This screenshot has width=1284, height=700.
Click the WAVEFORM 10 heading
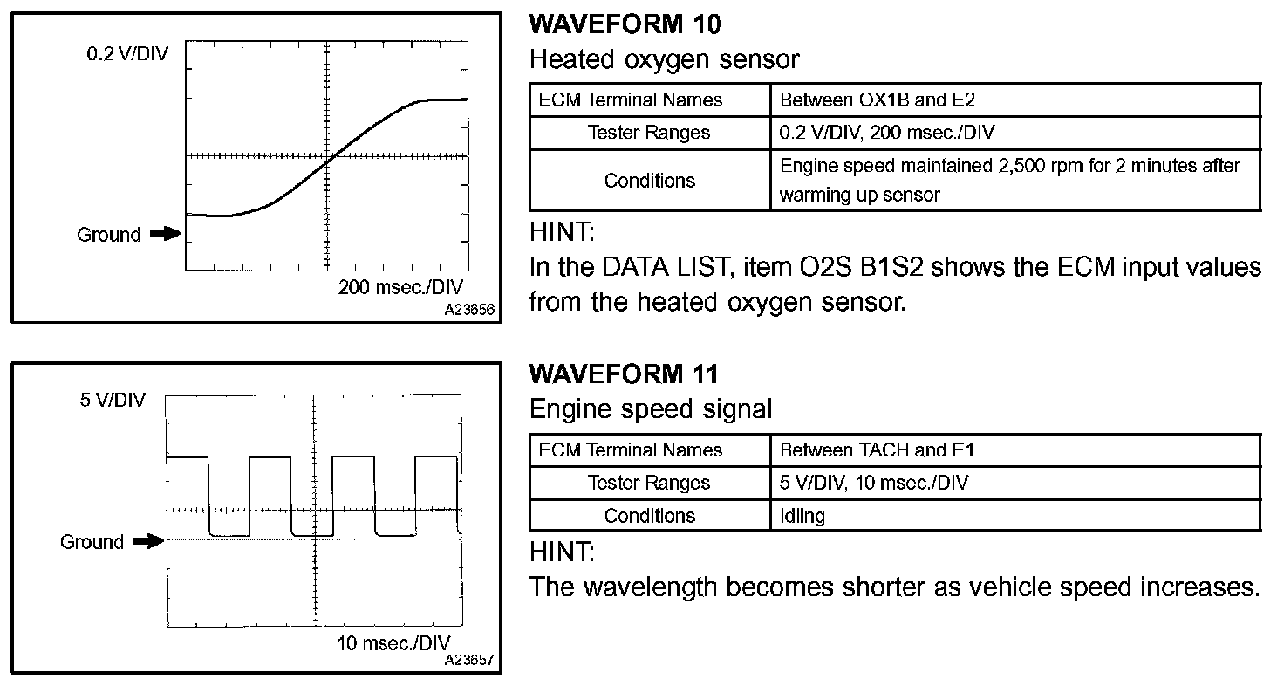point(625,24)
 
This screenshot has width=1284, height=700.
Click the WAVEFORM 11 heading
point(624,374)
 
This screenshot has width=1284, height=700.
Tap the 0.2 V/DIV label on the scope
point(126,55)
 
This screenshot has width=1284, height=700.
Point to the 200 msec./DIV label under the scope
point(400,288)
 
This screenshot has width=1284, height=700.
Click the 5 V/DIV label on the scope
point(113,401)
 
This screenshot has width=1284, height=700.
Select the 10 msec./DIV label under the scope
point(393,644)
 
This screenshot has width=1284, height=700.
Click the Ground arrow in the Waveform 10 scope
point(164,234)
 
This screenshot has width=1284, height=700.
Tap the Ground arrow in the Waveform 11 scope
point(148,542)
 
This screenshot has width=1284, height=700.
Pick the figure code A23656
point(470,309)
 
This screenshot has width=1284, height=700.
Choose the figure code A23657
point(469,661)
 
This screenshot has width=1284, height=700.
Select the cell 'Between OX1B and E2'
point(877,100)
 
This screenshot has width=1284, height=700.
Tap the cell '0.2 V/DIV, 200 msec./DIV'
point(887,133)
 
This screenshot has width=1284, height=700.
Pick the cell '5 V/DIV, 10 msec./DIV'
point(874,483)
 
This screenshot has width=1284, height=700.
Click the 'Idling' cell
point(802,516)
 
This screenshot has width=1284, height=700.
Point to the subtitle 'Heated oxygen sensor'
point(664,59)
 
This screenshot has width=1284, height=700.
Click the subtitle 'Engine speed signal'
point(651,409)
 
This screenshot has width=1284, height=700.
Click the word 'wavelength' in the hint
point(650,587)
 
